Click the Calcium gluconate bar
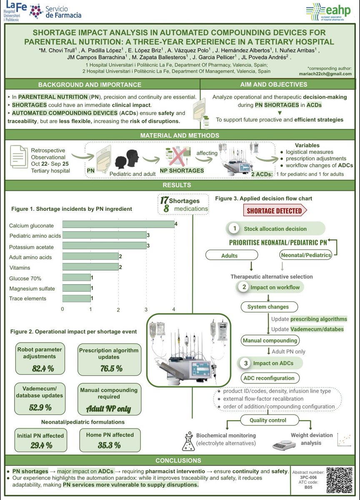tap(119, 224)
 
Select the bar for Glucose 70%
tap(77, 277)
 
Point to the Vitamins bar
tap(91, 267)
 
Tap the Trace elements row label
tap(28, 298)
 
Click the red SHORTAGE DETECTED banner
tap(275, 210)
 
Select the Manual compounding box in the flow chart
tap(270, 340)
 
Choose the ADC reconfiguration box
tap(270, 378)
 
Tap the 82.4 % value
tap(43, 368)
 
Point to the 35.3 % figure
tap(106, 445)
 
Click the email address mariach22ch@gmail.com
tap(327, 73)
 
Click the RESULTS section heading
tap(180, 185)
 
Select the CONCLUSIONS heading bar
tap(180, 460)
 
